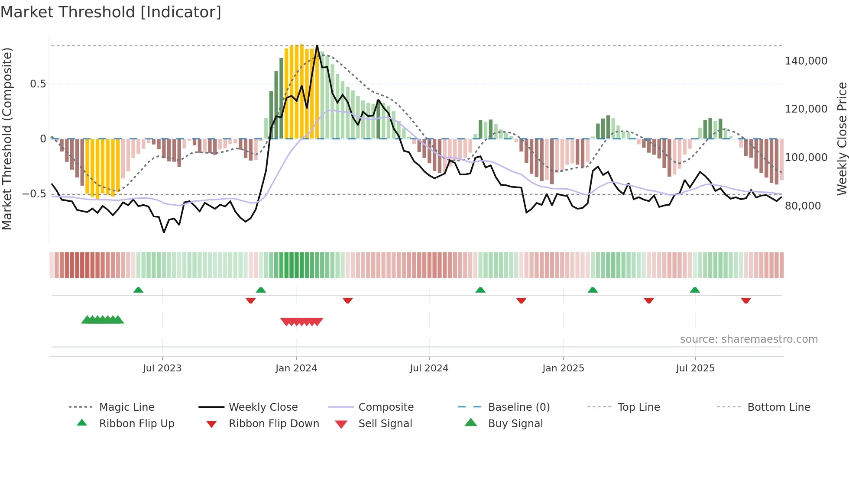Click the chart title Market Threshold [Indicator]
point(111,12)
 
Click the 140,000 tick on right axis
point(806,61)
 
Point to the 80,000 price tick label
point(803,206)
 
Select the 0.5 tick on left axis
point(38,84)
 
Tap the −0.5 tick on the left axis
point(34,194)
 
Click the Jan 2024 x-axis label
point(296,368)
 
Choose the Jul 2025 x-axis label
point(695,368)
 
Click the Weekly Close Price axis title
point(842,139)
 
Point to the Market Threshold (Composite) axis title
point(7,139)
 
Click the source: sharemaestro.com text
point(749,339)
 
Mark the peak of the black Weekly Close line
point(317,45)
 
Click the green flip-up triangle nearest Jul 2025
point(695,290)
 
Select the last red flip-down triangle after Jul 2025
point(746,300)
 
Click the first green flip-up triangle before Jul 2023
point(138,290)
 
